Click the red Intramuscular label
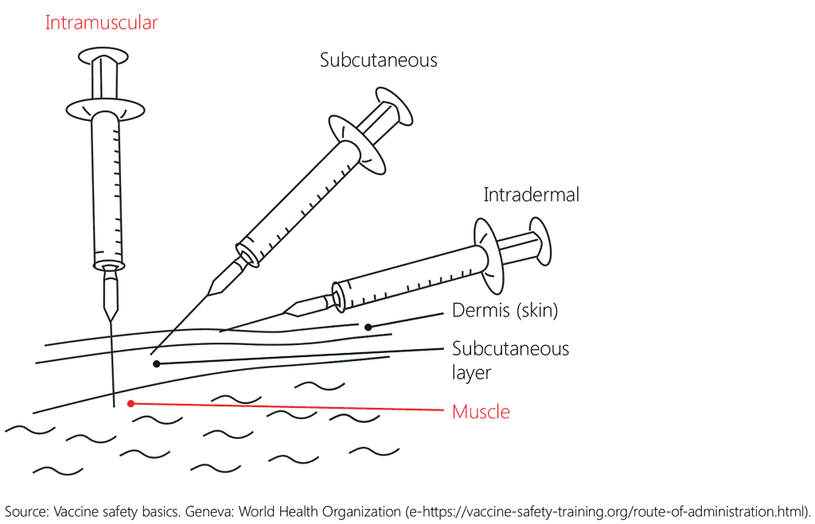[x=101, y=23]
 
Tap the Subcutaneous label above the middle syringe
[x=378, y=60]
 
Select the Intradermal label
[x=531, y=195]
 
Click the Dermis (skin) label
[x=505, y=311]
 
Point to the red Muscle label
[x=481, y=412]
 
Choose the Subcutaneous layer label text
[x=510, y=360]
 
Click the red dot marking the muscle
[x=131, y=403]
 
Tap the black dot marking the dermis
[x=368, y=327]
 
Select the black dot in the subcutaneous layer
[x=157, y=364]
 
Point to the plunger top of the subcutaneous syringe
[x=394, y=107]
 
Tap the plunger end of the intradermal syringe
[x=540, y=241]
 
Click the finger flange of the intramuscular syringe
[x=105, y=110]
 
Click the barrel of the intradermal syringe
[x=411, y=277]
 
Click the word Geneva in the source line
[x=209, y=511]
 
